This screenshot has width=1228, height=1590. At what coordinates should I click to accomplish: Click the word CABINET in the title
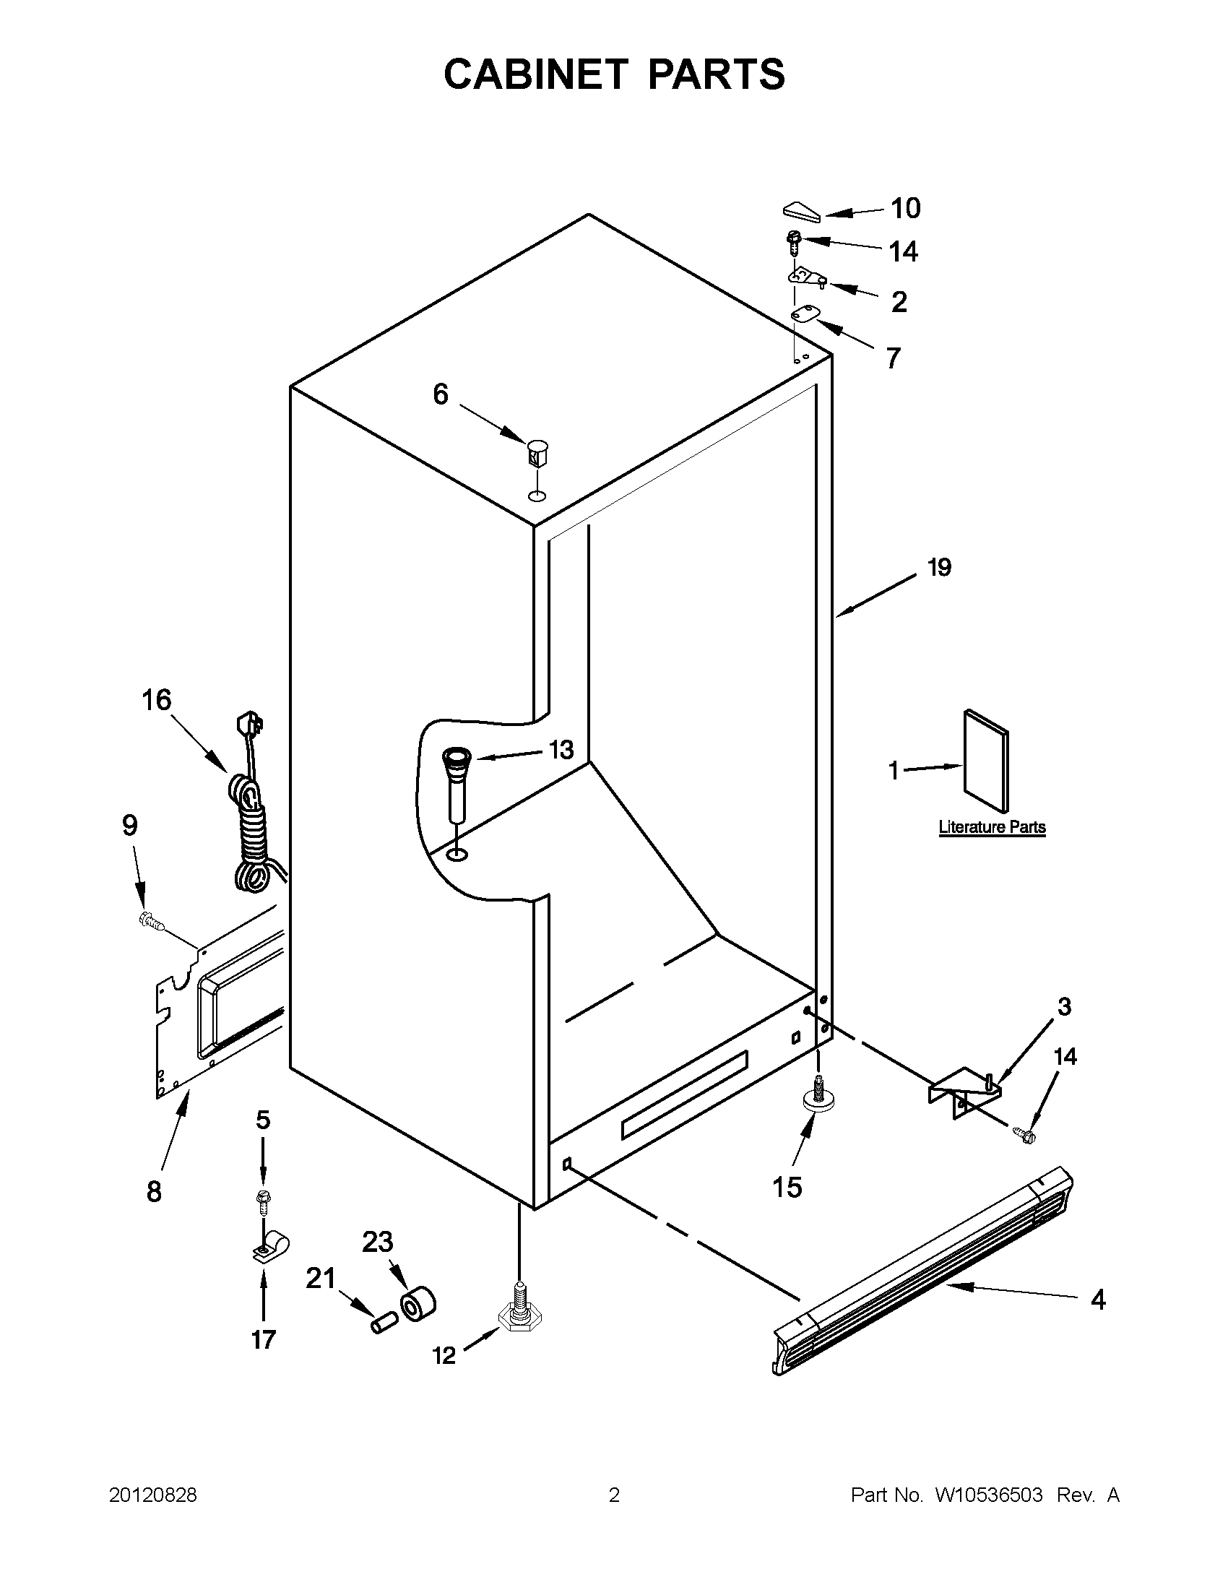pyautogui.click(x=535, y=74)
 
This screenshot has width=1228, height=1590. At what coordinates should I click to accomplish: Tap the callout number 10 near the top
pyautogui.click(x=906, y=208)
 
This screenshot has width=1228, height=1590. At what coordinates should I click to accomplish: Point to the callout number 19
pyautogui.click(x=939, y=567)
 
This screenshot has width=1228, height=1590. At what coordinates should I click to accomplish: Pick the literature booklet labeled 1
pyautogui.click(x=986, y=760)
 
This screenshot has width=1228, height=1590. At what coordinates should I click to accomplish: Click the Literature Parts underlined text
pyautogui.click(x=991, y=827)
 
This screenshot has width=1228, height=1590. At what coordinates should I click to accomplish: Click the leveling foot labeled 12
pyautogui.click(x=518, y=1316)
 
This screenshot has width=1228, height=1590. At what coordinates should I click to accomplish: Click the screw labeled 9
pyautogui.click(x=151, y=922)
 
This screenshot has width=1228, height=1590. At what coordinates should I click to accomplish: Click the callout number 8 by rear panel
pyautogui.click(x=154, y=1191)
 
